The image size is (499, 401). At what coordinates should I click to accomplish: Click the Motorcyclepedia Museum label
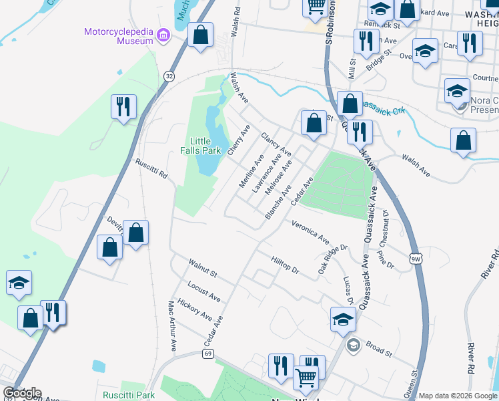(x=119, y=36)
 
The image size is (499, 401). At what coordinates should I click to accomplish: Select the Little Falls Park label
(x=205, y=146)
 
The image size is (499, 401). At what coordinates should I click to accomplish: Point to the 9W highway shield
(x=416, y=259)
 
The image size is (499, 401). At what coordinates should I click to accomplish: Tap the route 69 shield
(x=208, y=353)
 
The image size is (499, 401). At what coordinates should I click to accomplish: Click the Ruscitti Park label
(x=129, y=395)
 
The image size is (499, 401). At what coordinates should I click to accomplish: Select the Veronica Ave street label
(x=310, y=231)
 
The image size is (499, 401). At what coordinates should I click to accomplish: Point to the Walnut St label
(x=203, y=269)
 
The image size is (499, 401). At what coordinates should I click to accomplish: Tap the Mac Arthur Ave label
(x=172, y=325)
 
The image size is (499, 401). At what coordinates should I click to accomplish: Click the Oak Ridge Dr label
(x=333, y=257)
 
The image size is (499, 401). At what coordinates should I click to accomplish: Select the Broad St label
(x=378, y=350)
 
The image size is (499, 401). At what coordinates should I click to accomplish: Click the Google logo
(x=22, y=393)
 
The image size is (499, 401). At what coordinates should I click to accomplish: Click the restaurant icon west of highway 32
(x=123, y=106)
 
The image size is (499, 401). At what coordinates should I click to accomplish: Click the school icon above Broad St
(x=343, y=319)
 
